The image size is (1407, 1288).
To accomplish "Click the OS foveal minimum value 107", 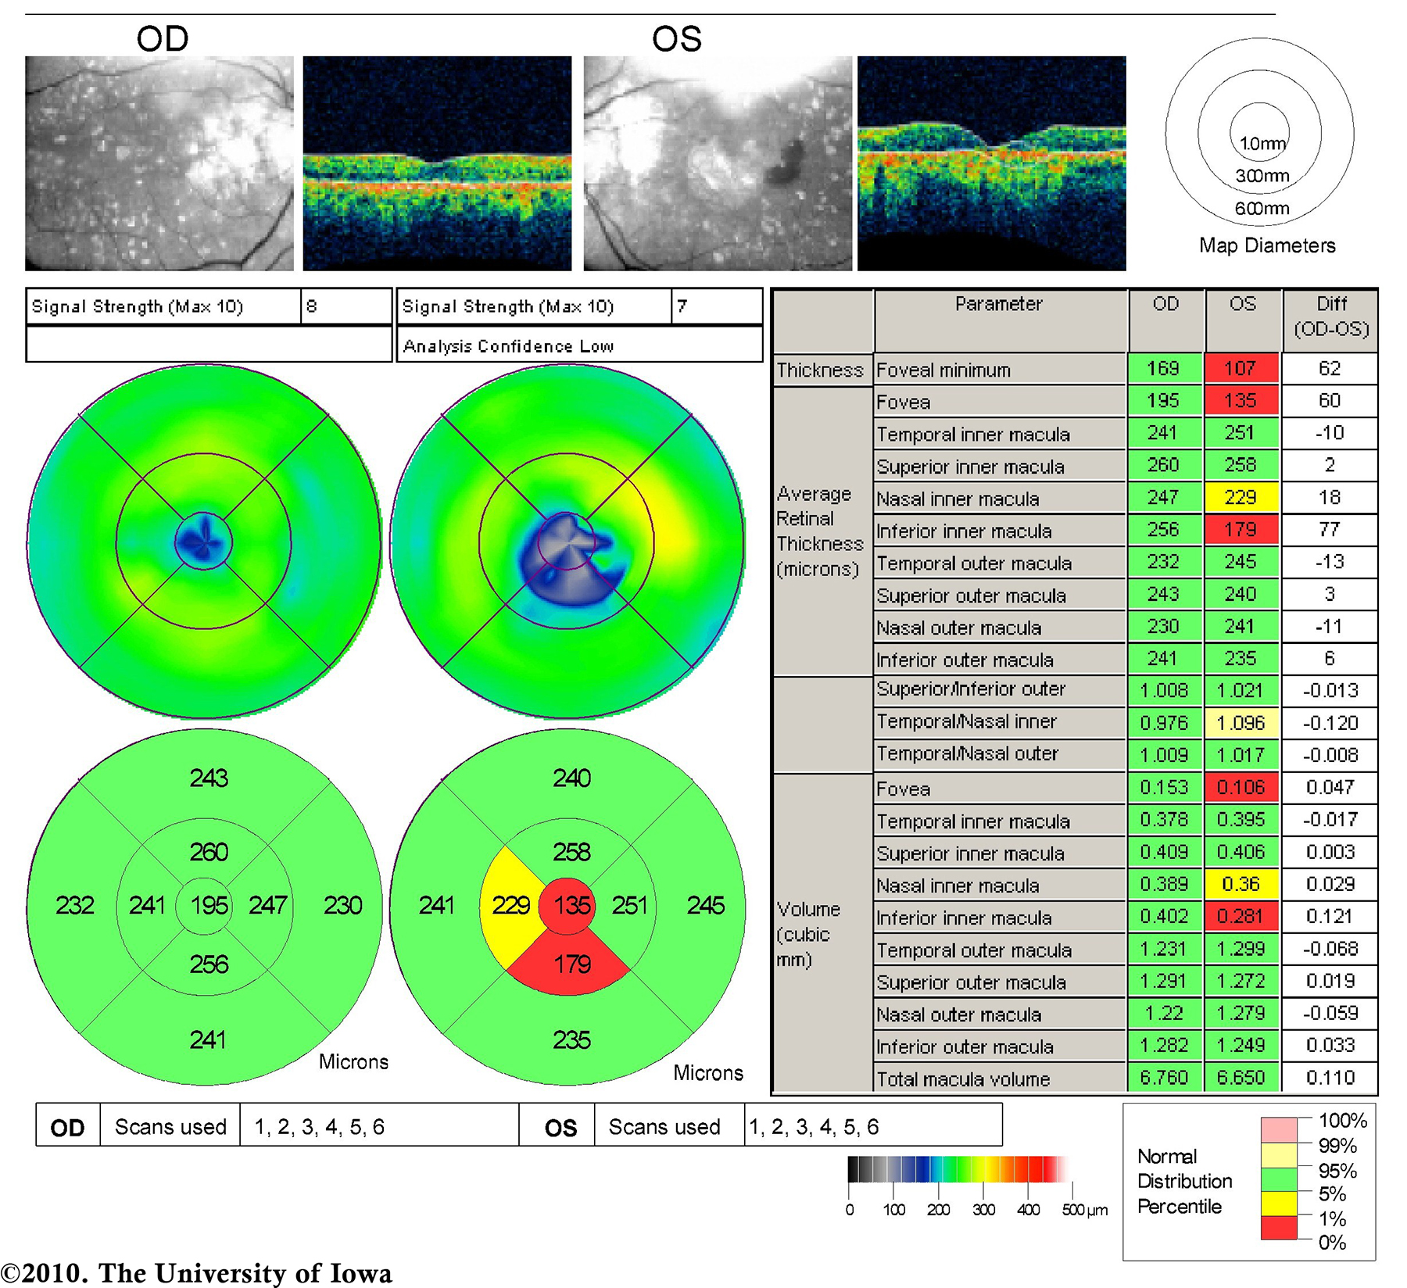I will (1241, 368).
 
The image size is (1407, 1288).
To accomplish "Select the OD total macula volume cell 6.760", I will (1164, 1078).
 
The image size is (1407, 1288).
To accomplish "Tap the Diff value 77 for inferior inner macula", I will (1329, 530).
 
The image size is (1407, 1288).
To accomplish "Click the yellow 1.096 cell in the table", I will (1241, 723).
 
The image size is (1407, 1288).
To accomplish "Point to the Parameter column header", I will (998, 304).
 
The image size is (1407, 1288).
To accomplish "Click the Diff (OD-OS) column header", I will (1331, 316).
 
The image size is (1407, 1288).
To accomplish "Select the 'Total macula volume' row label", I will (963, 1079).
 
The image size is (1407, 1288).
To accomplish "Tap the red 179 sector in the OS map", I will (571, 964).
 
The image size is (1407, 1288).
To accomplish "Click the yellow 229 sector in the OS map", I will (510, 906).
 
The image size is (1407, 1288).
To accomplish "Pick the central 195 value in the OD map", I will (209, 906).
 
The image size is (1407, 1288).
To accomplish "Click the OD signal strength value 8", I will (312, 306).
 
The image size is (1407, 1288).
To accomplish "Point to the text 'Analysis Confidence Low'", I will (508, 346).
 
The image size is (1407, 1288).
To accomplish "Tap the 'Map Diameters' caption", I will (1267, 245).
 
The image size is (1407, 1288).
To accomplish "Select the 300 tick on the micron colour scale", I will (983, 1210).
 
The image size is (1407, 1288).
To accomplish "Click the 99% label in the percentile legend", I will (1337, 1147).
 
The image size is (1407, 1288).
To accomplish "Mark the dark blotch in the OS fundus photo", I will (786, 163).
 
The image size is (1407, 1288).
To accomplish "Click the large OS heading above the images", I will (677, 39).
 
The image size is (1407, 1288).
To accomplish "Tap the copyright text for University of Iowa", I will (196, 1273).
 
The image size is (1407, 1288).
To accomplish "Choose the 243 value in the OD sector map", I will (209, 778).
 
